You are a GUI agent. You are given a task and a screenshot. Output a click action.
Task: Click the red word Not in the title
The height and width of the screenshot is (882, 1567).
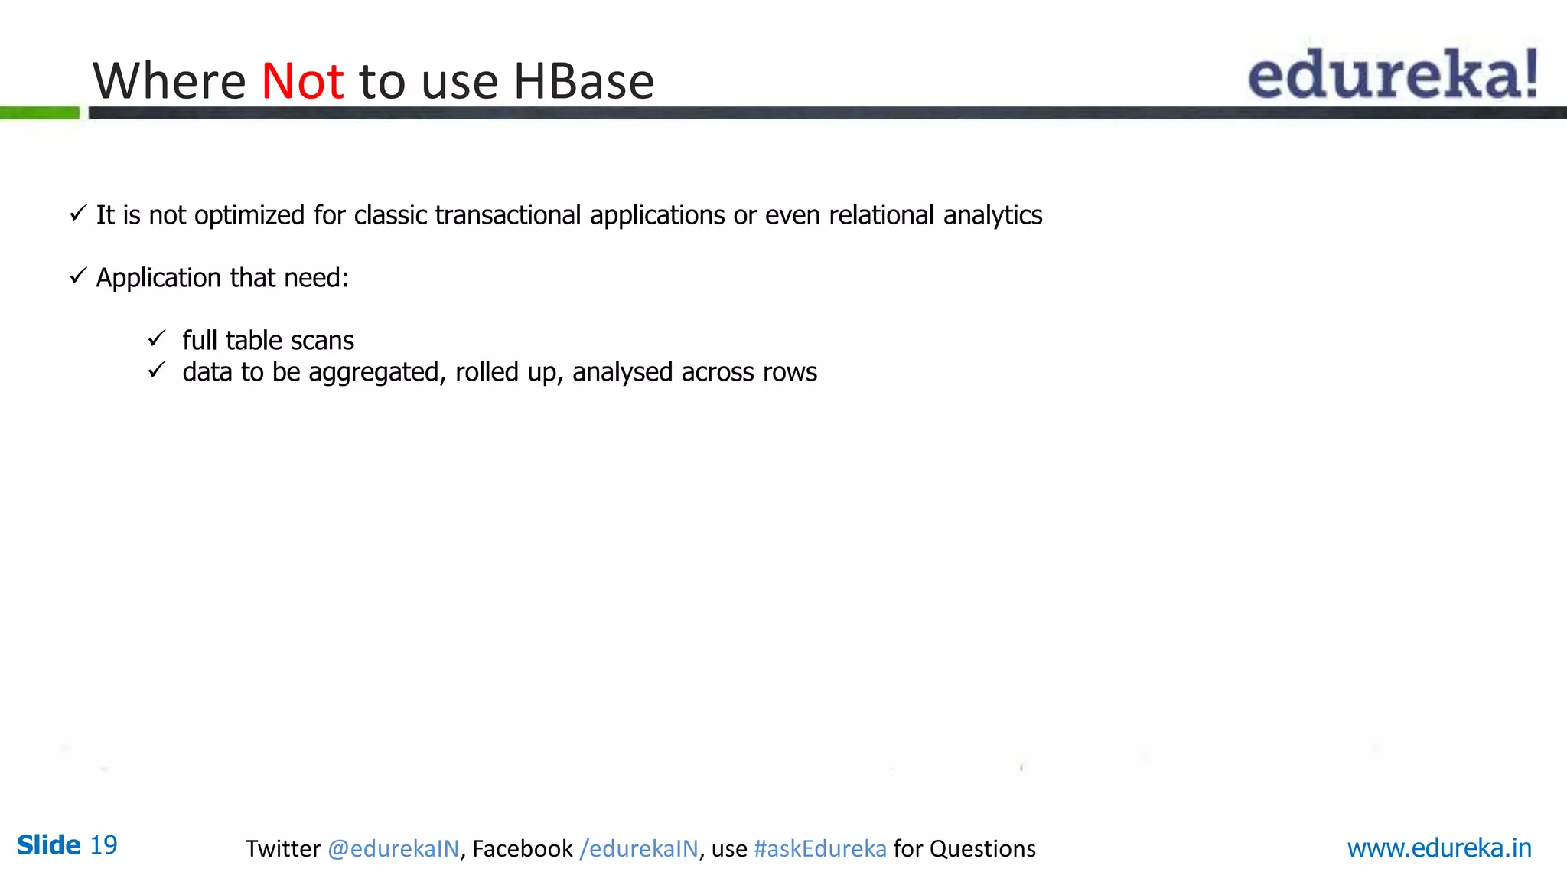[302, 81]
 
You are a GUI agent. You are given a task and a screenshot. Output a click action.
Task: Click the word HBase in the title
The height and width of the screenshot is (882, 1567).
[583, 81]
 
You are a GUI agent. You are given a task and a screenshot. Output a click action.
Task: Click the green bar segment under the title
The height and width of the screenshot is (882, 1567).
[40, 113]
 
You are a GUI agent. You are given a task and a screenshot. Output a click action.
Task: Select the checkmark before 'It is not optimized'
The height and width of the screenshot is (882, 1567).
[77, 214]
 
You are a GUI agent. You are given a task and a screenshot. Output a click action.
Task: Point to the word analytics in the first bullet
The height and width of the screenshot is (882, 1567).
[992, 215]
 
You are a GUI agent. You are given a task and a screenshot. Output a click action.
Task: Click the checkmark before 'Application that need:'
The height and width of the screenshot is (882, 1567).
[77, 276]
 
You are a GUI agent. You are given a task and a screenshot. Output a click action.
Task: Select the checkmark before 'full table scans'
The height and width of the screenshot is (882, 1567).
[157, 338]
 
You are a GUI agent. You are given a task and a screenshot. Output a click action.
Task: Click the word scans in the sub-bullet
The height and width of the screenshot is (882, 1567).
[322, 341]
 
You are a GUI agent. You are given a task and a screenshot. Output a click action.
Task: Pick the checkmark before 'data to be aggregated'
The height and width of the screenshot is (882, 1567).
[157, 371]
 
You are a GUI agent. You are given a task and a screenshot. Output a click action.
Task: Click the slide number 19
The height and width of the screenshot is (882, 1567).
[103, 845]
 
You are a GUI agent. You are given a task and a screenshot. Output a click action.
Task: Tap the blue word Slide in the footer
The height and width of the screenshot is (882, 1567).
[48, 845]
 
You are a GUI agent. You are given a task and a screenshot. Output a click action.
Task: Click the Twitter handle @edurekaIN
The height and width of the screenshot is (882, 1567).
[393, 849]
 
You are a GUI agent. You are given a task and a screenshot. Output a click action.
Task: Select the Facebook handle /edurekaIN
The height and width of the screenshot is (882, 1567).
[639, 849]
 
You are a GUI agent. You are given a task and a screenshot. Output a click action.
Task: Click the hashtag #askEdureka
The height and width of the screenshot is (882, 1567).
[819, 849]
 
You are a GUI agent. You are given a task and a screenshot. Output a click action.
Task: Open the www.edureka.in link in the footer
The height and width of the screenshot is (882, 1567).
[1438, 848]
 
